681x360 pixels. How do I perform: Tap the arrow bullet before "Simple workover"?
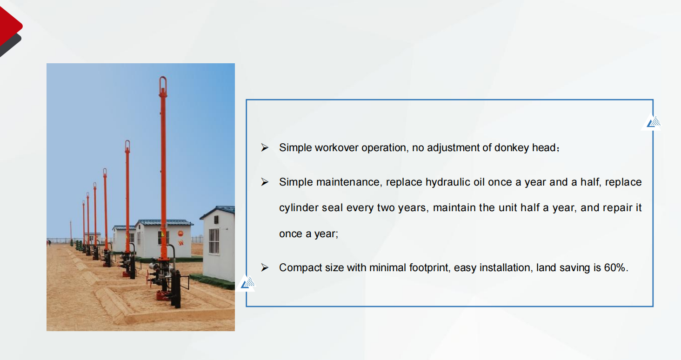(265, 147)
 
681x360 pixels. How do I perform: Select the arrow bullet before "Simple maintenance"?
(265, 182)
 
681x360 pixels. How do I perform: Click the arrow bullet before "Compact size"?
(265, 267)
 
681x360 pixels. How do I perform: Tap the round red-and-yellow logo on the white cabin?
(180, 233)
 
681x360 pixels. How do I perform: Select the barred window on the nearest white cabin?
(214, 241)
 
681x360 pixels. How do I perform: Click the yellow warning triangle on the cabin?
(163, 234)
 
